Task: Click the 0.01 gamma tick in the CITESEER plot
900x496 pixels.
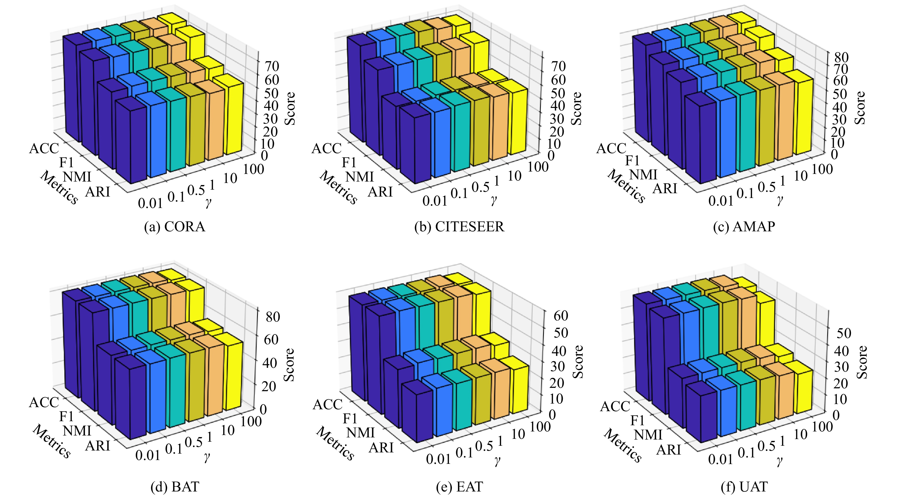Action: point(435,201)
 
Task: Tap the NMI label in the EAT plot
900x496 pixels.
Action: point(360,433)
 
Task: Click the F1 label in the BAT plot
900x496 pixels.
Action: point(66,416)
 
